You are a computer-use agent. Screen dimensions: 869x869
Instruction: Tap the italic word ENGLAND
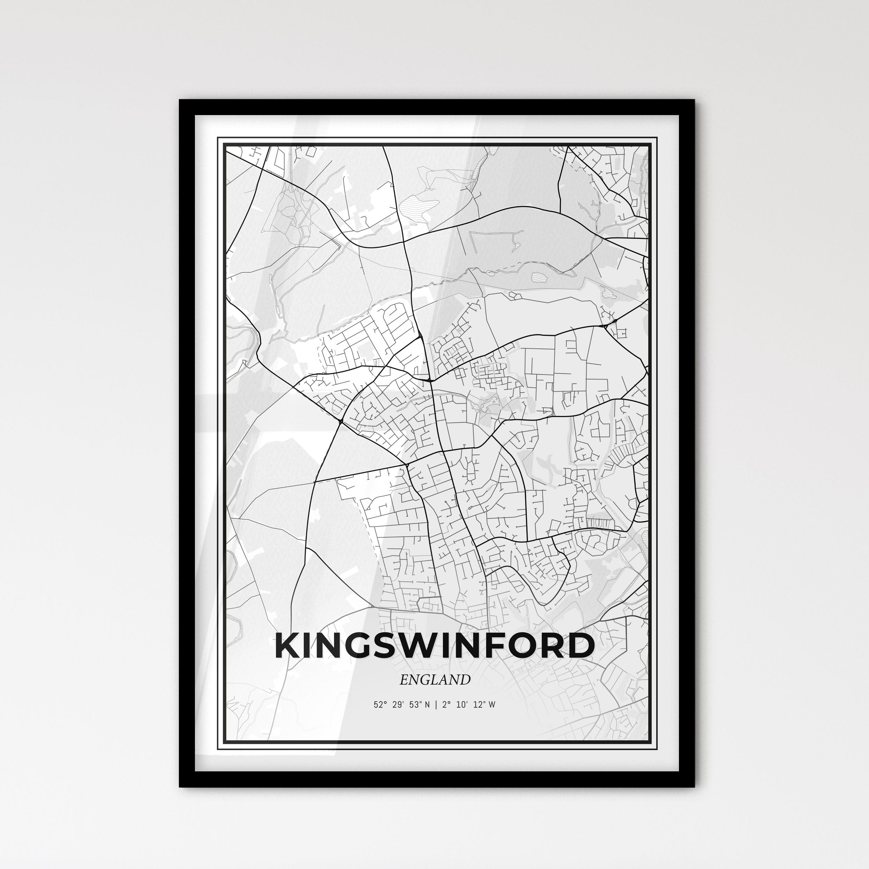click(434, 680)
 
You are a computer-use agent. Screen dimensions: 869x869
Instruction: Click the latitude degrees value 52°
click(380, 704)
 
